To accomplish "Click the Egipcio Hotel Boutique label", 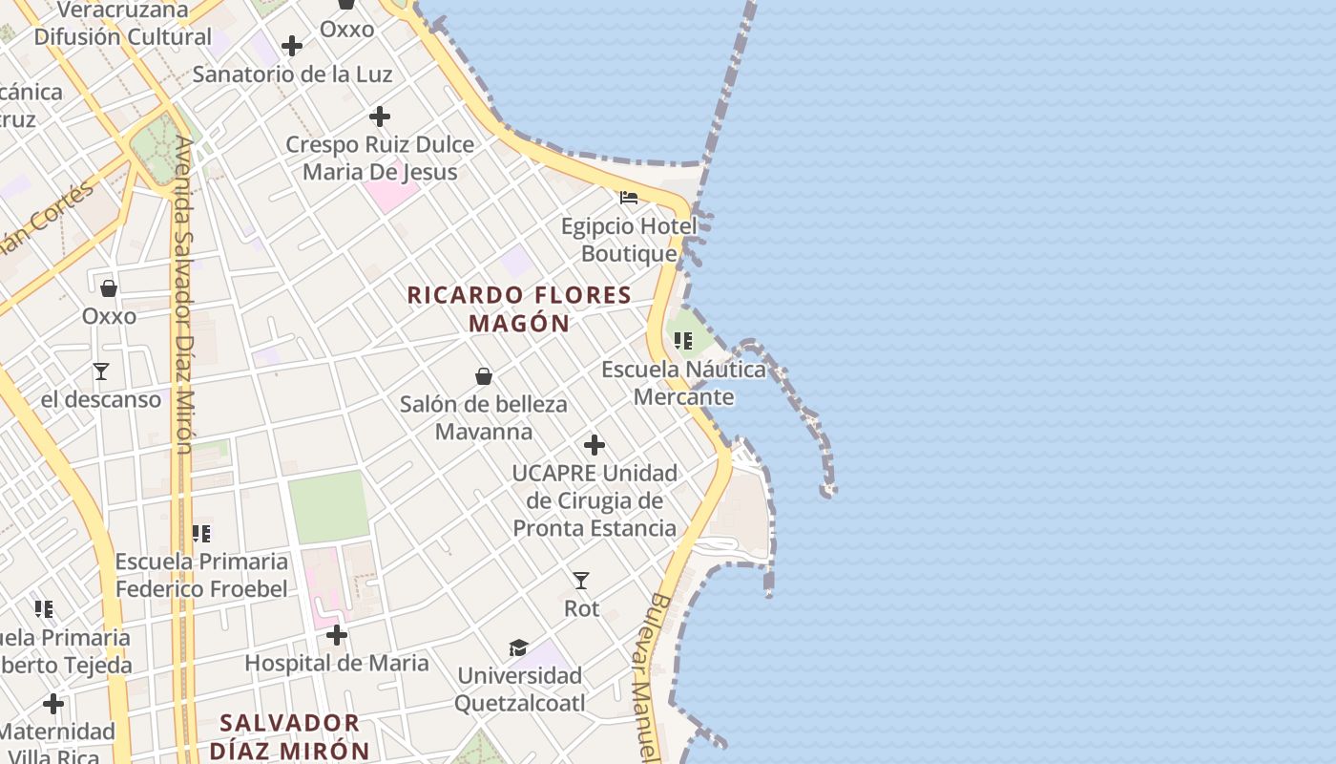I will coord(629,240).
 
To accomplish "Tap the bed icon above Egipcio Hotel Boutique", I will coord(629,198).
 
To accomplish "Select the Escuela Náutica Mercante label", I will coord(683,383).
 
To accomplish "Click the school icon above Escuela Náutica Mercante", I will coord(683,341).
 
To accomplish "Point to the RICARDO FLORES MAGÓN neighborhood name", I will coord(520,308).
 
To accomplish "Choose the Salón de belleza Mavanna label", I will coord(484,417).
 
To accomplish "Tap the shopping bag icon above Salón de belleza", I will coord(484,376).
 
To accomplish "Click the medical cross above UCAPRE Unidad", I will coord(595,445).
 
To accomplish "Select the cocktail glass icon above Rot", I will coord(581,581).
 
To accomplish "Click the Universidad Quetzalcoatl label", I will coord(519,690).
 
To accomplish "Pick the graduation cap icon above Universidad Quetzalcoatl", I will coord(518,648).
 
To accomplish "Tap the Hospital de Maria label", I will coord(337,663).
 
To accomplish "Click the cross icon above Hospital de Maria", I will coord(337,635).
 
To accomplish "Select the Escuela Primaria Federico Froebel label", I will coord(201,575).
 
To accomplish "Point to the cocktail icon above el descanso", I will coord(101,371).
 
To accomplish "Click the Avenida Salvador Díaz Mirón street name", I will coord(184,296).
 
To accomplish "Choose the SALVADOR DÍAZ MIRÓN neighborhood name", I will coord(289,736).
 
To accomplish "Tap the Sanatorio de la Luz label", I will coord(292,74).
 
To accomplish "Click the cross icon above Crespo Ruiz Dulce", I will coord(380,117).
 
